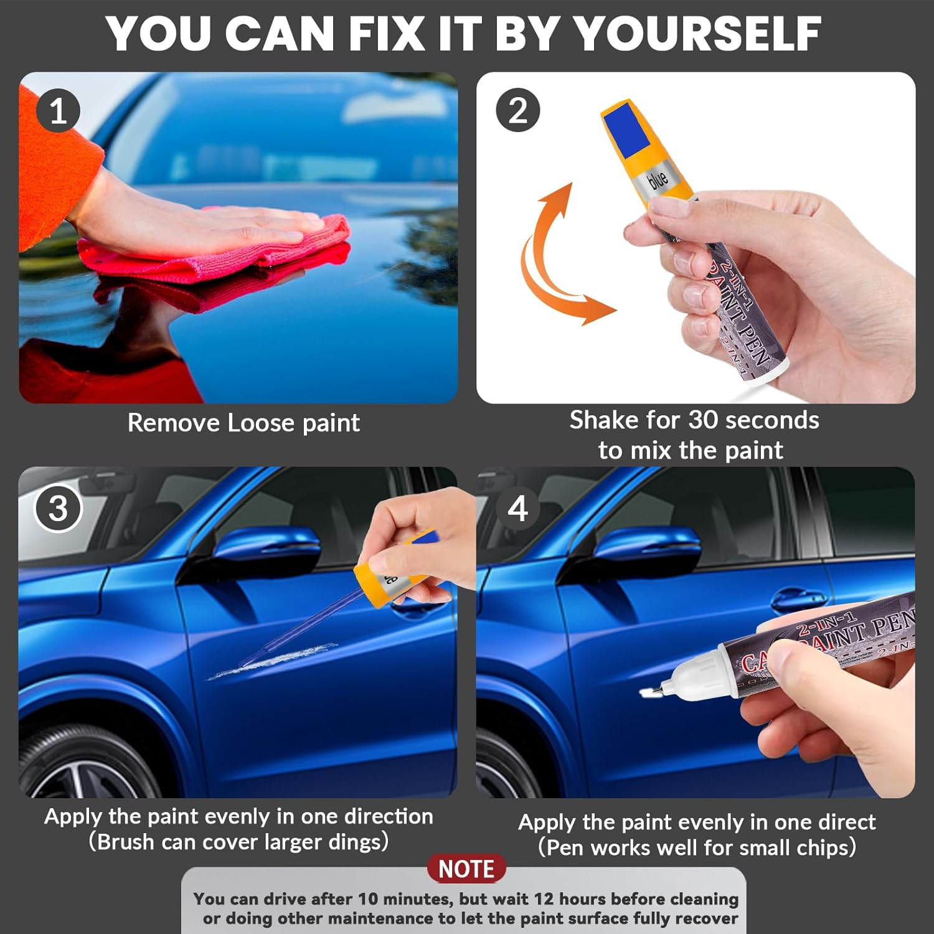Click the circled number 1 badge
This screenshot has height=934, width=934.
coord(58,111)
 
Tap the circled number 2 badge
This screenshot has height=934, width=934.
coord(517,111)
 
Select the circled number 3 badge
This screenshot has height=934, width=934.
coord(58,509)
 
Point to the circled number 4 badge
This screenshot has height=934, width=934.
coord(517,509)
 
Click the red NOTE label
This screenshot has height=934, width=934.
coord(466,869)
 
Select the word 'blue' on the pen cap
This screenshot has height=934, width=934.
coord(658,181)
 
